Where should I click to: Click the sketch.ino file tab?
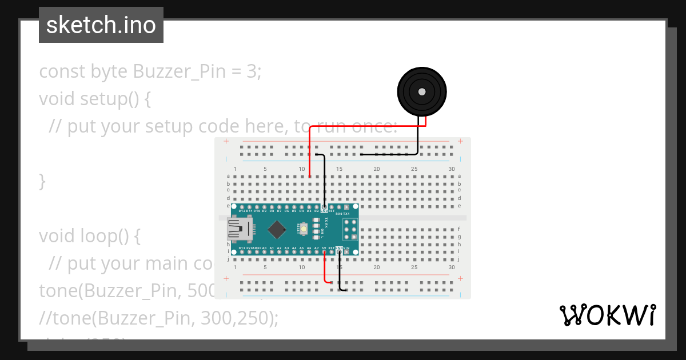101,25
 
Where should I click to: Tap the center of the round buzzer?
422,91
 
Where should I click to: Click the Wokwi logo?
607,315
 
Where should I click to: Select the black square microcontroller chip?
277,229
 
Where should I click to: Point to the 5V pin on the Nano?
324,252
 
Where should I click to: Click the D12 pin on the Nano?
242,206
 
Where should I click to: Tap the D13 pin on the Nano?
242,252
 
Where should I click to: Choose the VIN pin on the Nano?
346,252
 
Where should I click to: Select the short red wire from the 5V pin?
325,269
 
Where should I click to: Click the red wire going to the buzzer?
366,126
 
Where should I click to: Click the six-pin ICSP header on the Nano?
350,229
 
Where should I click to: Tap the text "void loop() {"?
89,236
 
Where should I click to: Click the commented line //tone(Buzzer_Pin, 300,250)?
158,318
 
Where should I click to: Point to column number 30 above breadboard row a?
452,169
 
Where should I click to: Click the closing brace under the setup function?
42,181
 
